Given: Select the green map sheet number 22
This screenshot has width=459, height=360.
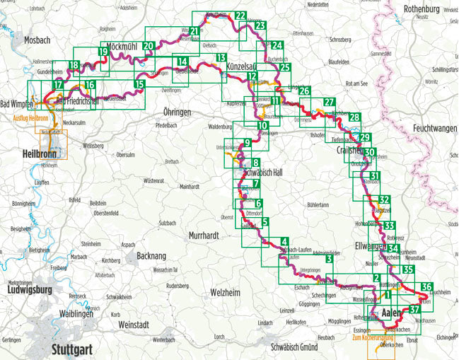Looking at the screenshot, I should point(240,16).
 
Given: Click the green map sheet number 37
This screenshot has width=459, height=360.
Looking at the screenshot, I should point(415,309).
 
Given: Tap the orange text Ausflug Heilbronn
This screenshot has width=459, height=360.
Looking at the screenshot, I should point(25,117).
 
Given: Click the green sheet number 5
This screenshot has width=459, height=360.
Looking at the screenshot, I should point(265,222).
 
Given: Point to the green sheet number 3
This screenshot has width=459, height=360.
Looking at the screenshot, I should point(330,260).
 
